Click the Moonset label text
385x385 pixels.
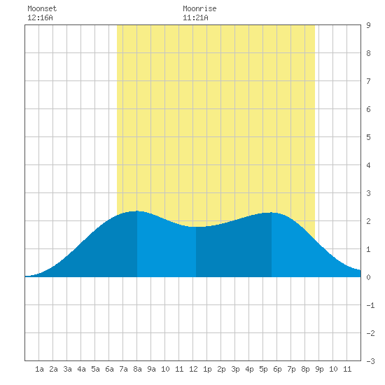point(42,8)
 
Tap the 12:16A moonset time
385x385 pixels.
point(40,17)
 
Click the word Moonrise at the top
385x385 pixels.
point(199,8)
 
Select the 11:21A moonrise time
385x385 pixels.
point(195,17)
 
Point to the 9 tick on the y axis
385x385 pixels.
point(368,25)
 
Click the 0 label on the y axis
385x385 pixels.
point(368,277)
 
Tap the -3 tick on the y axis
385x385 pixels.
point(370,361)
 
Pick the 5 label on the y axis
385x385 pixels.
point(368,137)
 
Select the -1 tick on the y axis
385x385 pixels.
point(370,305)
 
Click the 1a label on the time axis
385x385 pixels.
point(39,369)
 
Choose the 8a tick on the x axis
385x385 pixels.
point(137,369)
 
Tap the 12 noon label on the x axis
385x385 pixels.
point(193,369)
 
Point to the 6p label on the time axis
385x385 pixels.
point(277,369)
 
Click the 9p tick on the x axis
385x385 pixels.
point(319,369)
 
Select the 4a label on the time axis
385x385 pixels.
point(81,369)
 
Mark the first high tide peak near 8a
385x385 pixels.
point(137,211)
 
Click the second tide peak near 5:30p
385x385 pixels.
point(272,212)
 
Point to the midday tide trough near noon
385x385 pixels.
point(196,227)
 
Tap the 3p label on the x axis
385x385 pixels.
point(235,369)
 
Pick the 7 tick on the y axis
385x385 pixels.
point(368,81)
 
